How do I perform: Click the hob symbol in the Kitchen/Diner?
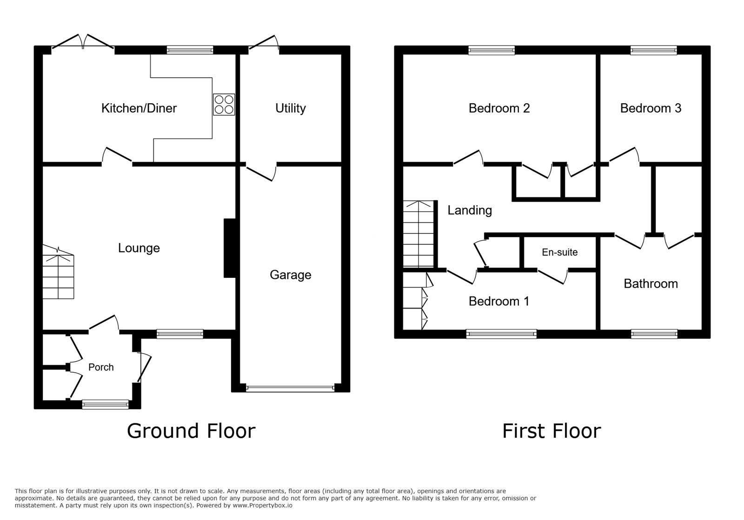pos(224,105)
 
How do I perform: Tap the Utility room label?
pos(290,108)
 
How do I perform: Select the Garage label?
pos(290,275)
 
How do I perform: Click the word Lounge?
pos(139,248)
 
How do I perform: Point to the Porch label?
pos(101,367)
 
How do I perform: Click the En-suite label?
pos(559,252)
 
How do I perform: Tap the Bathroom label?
pos(650,284)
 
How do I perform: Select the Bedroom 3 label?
pos(650,108)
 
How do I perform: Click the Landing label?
pos(469,211)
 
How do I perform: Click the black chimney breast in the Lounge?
pos(230,248)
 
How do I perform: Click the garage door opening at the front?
pos(290,388)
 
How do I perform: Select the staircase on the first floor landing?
pos(418,235)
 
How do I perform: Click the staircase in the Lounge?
pos(59,274)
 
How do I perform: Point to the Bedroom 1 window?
pos(501,333)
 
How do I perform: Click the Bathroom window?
pos(653,333)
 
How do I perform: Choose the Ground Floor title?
pos(191,431)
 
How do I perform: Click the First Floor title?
pos(551,431)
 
